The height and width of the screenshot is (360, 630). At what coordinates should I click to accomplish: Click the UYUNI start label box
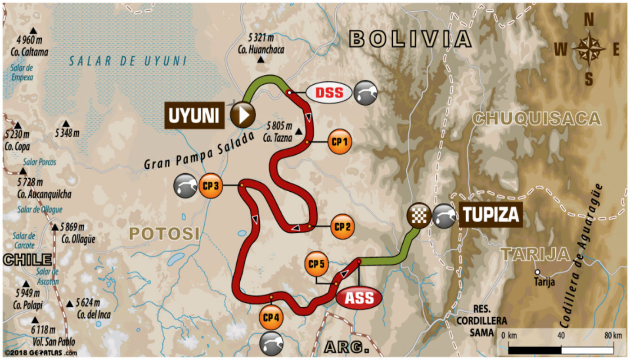click(x=195, y=116)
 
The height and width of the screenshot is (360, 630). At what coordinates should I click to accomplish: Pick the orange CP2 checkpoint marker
click(x=342, y=226)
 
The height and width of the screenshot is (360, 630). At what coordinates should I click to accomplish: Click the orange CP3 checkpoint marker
click(x=211, y=185)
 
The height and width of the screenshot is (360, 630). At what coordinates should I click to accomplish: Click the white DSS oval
click(x=329, y=93)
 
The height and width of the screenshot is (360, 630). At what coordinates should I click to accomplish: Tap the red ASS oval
click(x=359, y=298)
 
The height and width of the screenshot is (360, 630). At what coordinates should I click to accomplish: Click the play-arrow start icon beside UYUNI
click(x=243, y=115)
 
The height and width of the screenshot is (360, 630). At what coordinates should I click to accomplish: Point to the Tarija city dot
click(x=537, y=272)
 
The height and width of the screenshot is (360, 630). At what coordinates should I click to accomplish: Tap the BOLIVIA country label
click(x=410, y=39)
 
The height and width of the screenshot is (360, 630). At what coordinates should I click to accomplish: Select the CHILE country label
click(x=27, y=259)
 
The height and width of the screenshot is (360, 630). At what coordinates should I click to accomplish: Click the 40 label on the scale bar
click(x=561, y=335)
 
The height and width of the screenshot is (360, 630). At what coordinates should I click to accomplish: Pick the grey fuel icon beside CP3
click(x=186, y=186)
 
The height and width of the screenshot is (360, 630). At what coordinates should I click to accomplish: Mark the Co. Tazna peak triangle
click(x=299, y=131)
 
